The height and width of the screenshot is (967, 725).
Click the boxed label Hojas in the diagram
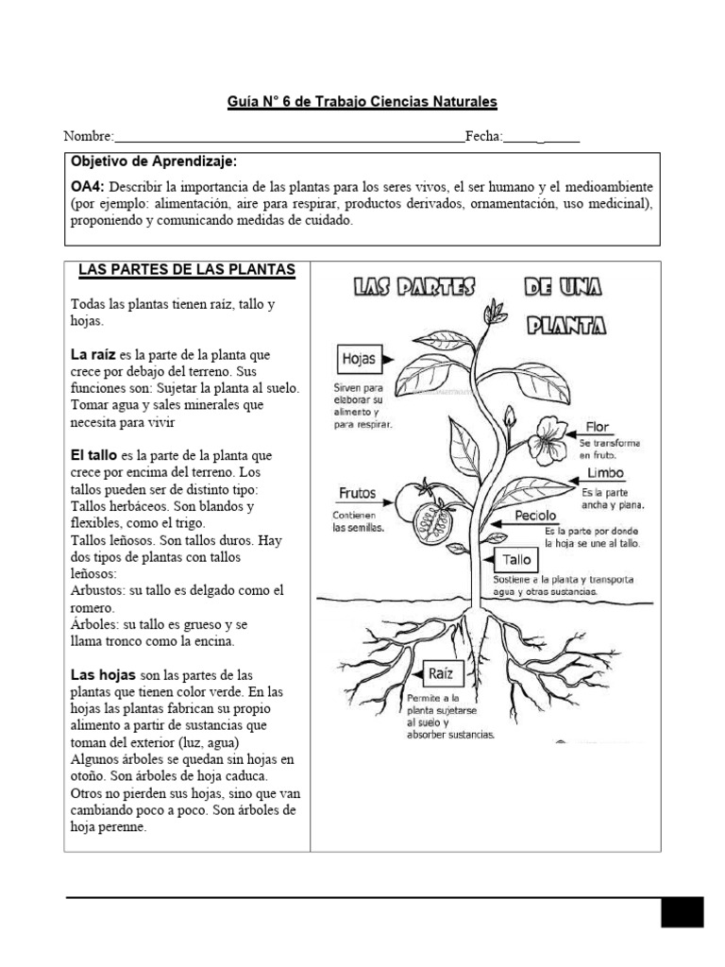[359, 359]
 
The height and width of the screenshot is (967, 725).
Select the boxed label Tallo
[517, 560]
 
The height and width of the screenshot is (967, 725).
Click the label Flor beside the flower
[599, 427]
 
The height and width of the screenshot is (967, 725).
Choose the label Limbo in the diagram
[605, 473]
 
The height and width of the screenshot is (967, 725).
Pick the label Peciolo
[535, 516]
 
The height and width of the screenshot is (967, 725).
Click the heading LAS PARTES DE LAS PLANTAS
[187, 270]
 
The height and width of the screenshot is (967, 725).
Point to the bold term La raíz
[93, 354]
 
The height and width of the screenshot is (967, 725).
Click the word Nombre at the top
[89, 136]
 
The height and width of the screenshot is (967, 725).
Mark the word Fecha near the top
[482, 136]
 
